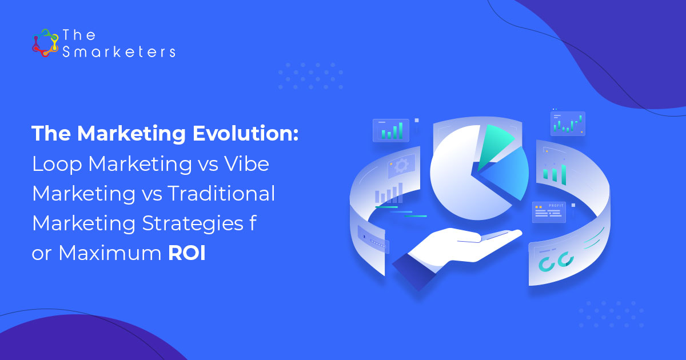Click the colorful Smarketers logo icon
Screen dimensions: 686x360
click(x=45, y=43)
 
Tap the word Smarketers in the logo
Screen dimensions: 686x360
click(x=119, y=52)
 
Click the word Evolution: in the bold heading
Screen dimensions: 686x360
click(x=245, y=134)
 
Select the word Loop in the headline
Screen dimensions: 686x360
click(x=57, y=165)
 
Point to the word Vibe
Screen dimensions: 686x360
click(x=246, y=163)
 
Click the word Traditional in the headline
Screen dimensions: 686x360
click(x=221, y=193)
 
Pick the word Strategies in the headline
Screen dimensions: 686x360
click(x=193, y=224)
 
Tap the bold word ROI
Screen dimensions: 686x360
click(x=187, y=253)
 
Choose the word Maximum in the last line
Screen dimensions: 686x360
click(x=110, y=253)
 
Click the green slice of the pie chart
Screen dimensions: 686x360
click(x=493, y=144)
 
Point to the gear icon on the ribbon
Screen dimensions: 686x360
click(x=401, y=166)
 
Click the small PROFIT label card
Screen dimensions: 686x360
click(x=549, y=212)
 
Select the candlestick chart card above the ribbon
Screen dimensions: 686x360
click(x=568, y=123)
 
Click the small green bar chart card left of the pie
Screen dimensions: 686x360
click(x=391, y=130)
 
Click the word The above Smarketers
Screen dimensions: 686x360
click(x=79, y=35)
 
